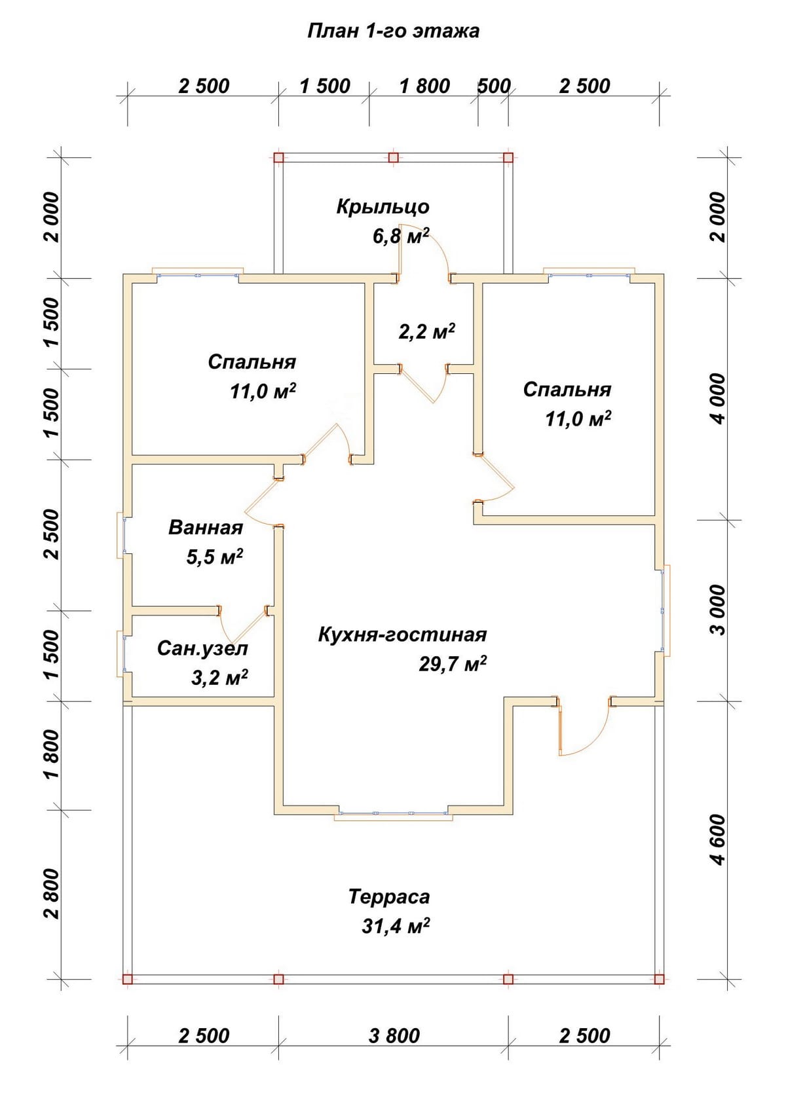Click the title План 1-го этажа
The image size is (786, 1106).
(x=393, y=31)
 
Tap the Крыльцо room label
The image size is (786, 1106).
(x=383, y=207)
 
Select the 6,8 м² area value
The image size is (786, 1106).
(x=401, y=236)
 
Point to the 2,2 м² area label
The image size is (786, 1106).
(x=426, y=331)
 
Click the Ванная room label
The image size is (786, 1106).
(x=206, y=528)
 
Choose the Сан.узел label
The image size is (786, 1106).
(x=202, y=648)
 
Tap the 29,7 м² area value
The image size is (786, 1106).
(x=453, y=664)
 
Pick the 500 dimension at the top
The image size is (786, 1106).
(x=493, y=86)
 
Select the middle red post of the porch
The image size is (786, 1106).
(x=393, y=158)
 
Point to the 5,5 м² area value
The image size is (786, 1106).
(x=214, y=557)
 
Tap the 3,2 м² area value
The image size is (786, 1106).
(x=219, y=678)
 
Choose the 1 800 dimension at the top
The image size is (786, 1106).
(x=424, y=86)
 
